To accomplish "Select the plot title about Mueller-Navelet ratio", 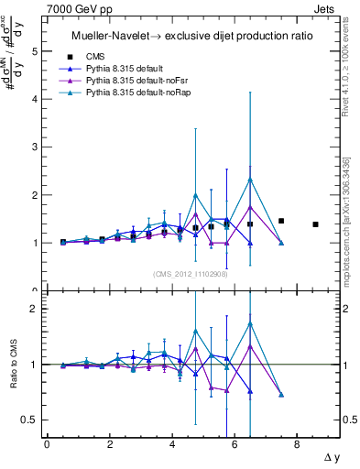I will pos(192,36).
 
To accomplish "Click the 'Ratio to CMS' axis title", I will pos(13,365).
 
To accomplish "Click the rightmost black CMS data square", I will pos(315,224).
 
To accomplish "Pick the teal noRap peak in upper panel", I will pos(250,179).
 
